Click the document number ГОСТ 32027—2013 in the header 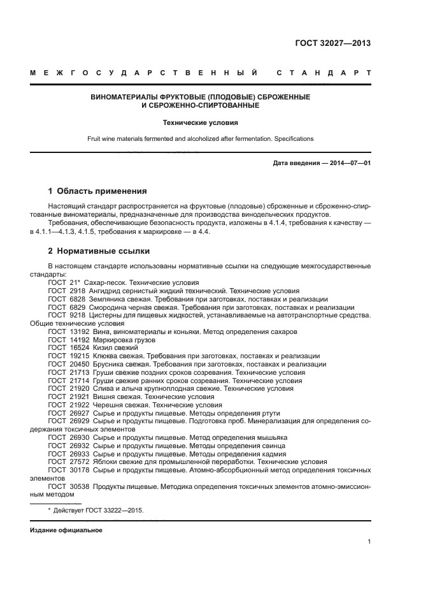click(x=333, y=44)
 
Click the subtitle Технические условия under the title click(x=201, y=121)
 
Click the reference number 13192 click(x=77, y=331)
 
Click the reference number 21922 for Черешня click(x=77, y=405)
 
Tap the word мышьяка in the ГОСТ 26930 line click(x=269, y=437)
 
